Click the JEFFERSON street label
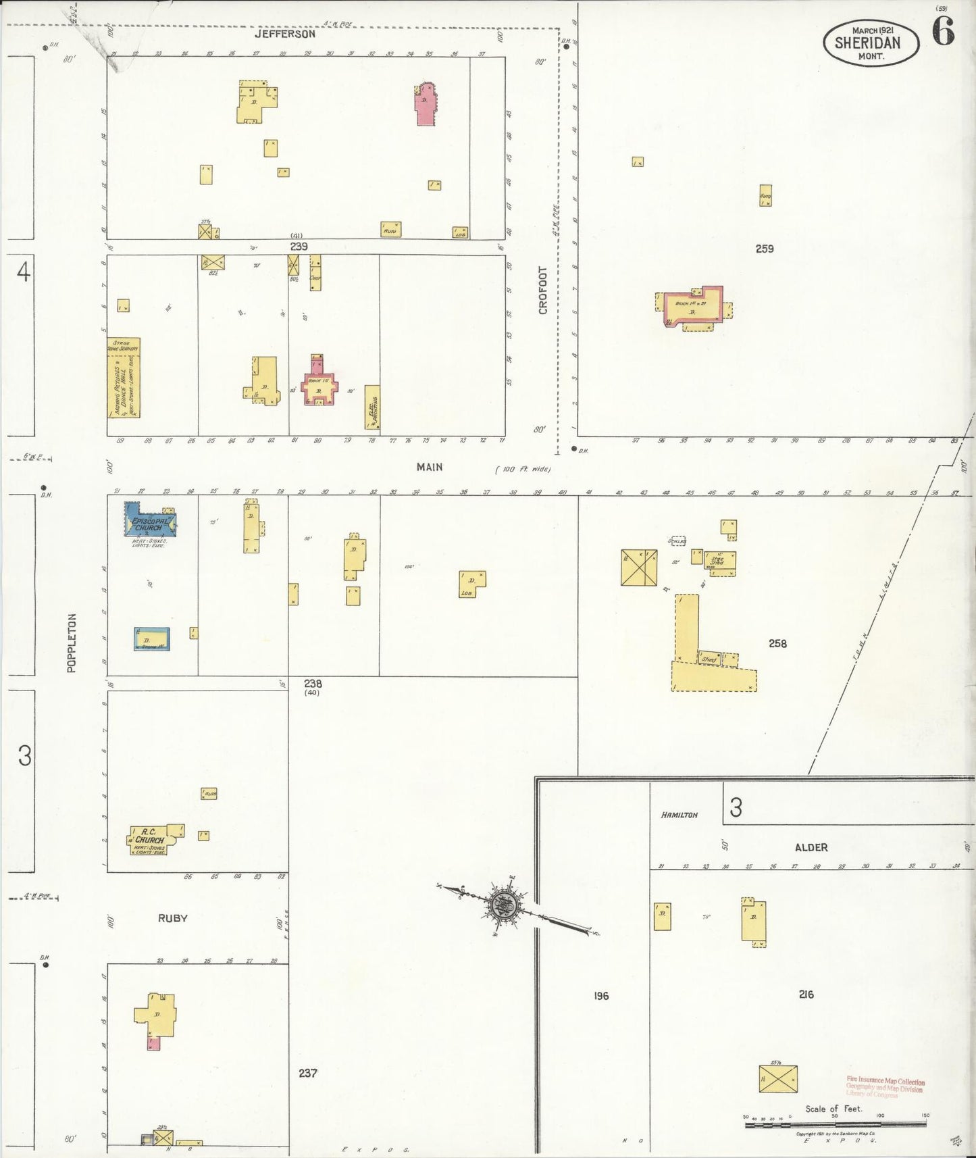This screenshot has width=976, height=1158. pos(285,34)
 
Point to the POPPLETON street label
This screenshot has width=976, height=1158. pos(72,643)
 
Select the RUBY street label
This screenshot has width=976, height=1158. pos(172,918)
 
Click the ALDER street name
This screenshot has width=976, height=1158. pos(811,847)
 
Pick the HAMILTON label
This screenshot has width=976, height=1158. pos(679,815)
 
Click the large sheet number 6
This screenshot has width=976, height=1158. pos(944,31)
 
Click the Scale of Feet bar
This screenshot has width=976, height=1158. pos(835,1125)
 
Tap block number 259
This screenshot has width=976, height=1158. pos(765,249)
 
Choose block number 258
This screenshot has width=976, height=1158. pos(777,643)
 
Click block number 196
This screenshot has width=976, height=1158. pos(601,995)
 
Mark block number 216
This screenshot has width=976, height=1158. pos(806,994)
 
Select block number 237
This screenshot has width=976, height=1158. pos(307,1072)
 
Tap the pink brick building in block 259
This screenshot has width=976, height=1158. pos(694,307)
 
